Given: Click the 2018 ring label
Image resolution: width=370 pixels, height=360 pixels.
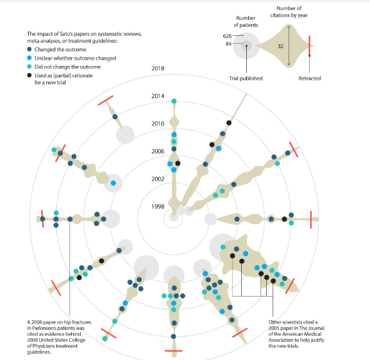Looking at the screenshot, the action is [x=158, y=69].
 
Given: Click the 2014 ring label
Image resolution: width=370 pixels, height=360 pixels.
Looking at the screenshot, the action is [x=158, y=96].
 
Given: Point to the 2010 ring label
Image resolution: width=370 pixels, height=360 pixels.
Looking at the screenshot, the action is [x=158, y=124].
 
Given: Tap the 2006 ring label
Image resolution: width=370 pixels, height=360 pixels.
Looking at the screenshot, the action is [x=158, y=151].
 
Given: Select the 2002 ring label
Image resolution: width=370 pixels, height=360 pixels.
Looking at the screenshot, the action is [x=158, y=179].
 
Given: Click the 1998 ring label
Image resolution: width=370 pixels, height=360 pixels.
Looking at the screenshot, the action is [x=158, y=206].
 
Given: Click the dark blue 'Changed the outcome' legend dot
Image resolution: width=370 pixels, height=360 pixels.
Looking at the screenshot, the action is [x=29, y=49].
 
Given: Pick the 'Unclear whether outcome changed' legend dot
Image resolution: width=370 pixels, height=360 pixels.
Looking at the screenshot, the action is [x=29, y=58].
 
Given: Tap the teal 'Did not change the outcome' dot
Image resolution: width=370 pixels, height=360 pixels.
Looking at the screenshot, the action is [x=29, y=67].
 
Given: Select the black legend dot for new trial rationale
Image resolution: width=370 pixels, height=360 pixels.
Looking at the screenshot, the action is [x=29, y=76].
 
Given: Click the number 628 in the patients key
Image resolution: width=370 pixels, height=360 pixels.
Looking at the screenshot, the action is [x=227, y=36].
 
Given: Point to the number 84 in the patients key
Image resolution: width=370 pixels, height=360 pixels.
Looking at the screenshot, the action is [x=228, y=44].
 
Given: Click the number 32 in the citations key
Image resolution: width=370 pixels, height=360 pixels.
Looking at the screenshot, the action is [x=280, y=46].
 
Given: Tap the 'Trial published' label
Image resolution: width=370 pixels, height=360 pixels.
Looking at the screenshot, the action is [x=246, y=78].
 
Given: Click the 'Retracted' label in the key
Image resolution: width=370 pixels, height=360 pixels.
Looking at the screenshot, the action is [x=310, y=78].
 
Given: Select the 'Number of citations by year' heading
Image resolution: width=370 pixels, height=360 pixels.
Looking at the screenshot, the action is [x=289, y=12].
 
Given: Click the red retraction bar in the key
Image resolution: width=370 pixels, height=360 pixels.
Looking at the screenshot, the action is [x=309, y=45].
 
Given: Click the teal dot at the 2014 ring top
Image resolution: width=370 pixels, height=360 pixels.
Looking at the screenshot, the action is [x=174, y=101].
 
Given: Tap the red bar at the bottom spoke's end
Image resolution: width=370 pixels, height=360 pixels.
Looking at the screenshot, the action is [x=174, y=351].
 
